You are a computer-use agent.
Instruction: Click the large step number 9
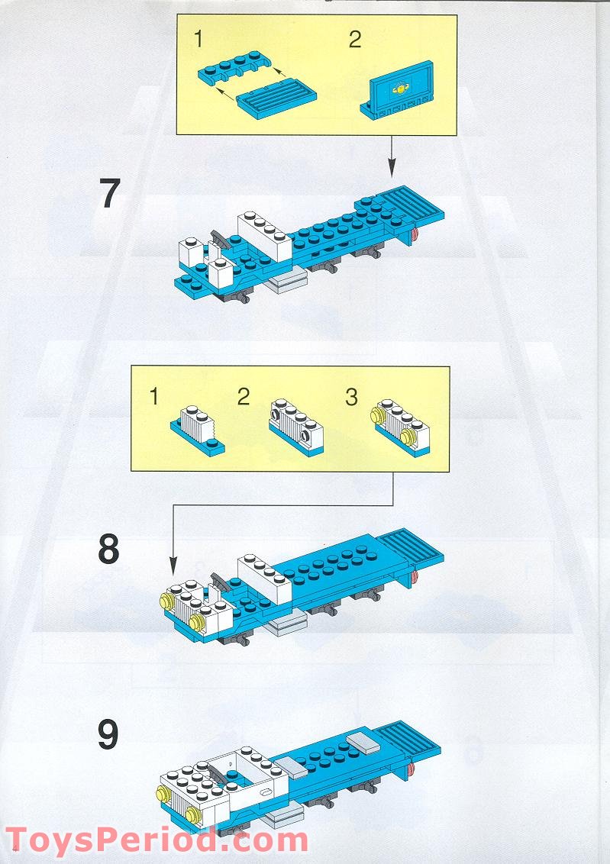point(109,734)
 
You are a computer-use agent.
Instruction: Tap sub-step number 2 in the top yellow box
point(354,40)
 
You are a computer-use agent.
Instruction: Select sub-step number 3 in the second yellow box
point(351,397)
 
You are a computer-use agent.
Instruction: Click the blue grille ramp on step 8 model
point(412,550)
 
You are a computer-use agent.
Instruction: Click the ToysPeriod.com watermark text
point(157,840)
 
